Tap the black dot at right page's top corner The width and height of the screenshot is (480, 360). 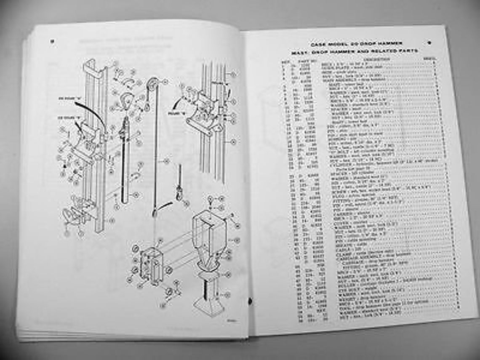coord(429,42)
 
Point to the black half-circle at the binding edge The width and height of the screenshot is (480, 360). coord(250,301)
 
